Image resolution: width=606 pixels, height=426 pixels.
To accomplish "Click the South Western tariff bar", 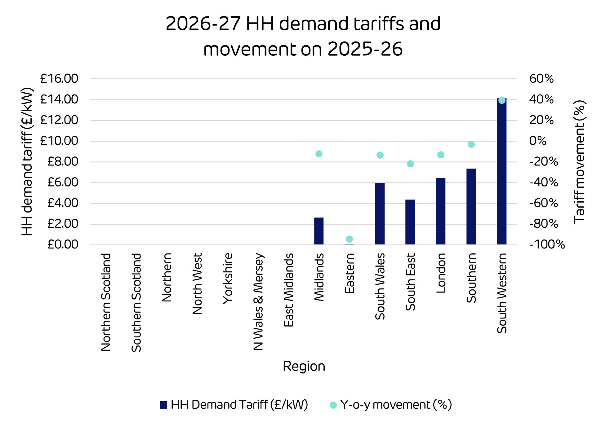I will pyautogui.click(x=501, y=172).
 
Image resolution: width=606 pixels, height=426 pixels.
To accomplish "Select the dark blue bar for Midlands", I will pyautogui.click(x=319, y=231).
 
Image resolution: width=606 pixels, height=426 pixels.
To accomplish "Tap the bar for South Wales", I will pyautogui.click(x=380, y=214).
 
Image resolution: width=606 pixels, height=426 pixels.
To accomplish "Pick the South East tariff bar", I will pyautogui.click(x=410, y=222).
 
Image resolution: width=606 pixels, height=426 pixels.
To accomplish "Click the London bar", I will pyautogui.click(x=440, y=211).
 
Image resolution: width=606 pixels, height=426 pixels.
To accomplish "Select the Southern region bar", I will pyautogui.click(x=471, y=207).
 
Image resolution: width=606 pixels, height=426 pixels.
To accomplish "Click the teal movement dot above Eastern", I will pyautogui.click(x=349, y=239).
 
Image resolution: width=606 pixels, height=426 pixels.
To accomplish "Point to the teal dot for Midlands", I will pyautogui.click(x=319, y=154).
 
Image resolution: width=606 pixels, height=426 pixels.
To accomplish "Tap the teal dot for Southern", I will pyautogui.click(x=471, y=144).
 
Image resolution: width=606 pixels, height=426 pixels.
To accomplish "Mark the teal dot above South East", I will pyautogui.click(x=410, y=164).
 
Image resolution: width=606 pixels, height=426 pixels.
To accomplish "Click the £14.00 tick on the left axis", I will pyautogui.click(x=59, y=99).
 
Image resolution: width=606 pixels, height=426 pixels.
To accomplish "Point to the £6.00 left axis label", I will pyautogui.click(x=62, y=182).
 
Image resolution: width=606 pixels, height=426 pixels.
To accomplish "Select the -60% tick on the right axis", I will pyautogui.click(x=543, y=203).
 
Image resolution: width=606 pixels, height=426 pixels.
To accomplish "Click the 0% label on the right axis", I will pyautogui.click(x=537, y=141).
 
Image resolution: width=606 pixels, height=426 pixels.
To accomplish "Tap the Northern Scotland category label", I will pyautogui.click(x=106, y=302).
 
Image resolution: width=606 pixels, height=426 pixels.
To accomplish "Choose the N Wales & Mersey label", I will pyautogui.click(x=258, y=301).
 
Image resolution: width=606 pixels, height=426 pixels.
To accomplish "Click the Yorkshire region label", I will pyautogui.click(x=228, y=278).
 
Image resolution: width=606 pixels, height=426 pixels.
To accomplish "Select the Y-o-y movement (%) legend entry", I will pyautogui.click(x=391, y=405).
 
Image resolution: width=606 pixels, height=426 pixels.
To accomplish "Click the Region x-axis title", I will pyautogui.click(x=304, y=367).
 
